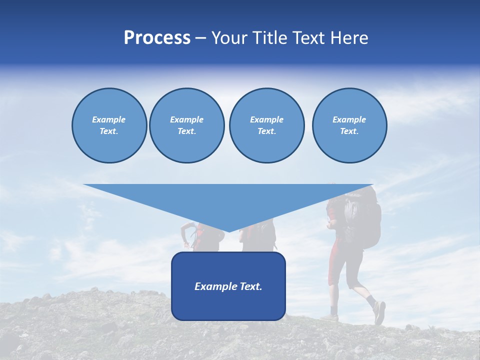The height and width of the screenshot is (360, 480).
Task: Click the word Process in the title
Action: (x=157, y=38)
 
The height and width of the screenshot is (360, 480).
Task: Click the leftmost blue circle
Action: (x=109, y=125)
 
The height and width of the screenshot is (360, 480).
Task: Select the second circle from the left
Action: (x=186, y=125)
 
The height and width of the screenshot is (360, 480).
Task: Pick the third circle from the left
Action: (x=266, y=125)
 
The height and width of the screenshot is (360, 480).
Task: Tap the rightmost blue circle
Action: (x=349, y=125)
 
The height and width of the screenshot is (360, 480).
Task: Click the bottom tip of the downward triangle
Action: (x=228, y=231)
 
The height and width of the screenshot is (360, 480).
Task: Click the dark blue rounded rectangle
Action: (x=228, y=305)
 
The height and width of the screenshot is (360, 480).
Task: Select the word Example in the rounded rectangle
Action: (x=212, y=286)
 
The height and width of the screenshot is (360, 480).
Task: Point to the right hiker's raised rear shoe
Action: (x=379, y=312)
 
